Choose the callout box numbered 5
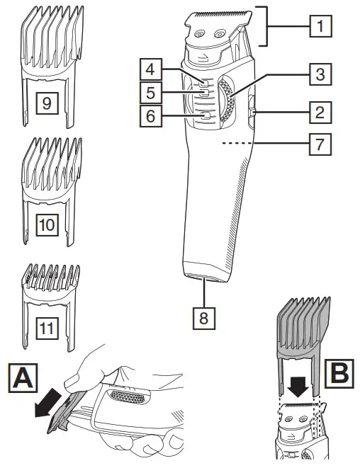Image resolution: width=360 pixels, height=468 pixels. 150,93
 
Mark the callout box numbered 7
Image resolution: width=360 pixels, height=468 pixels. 320,144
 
